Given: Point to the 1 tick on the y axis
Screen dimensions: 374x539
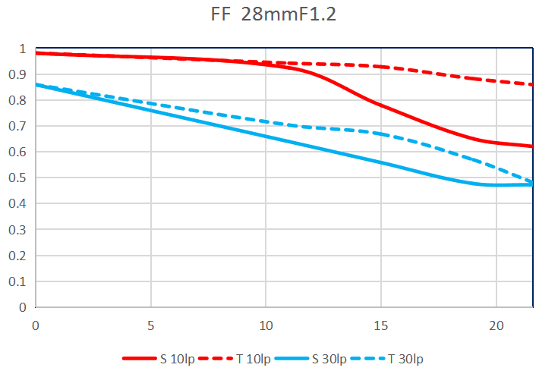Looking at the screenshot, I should coord(23,49).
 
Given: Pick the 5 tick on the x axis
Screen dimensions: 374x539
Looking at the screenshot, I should coord(151,325).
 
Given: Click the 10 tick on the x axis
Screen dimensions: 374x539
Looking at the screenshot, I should coord(266,325).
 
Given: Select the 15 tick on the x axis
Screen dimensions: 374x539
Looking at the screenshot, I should coord(381,325).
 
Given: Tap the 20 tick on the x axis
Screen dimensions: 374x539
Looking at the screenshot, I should coord(496,325).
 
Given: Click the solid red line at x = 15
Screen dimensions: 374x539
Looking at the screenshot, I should coord(381,106).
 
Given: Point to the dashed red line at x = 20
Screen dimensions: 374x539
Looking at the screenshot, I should coord(496,80).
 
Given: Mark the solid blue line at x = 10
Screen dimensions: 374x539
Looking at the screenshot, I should coord(266,137).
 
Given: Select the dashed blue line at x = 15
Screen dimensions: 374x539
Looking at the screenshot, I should coord(381,134).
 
